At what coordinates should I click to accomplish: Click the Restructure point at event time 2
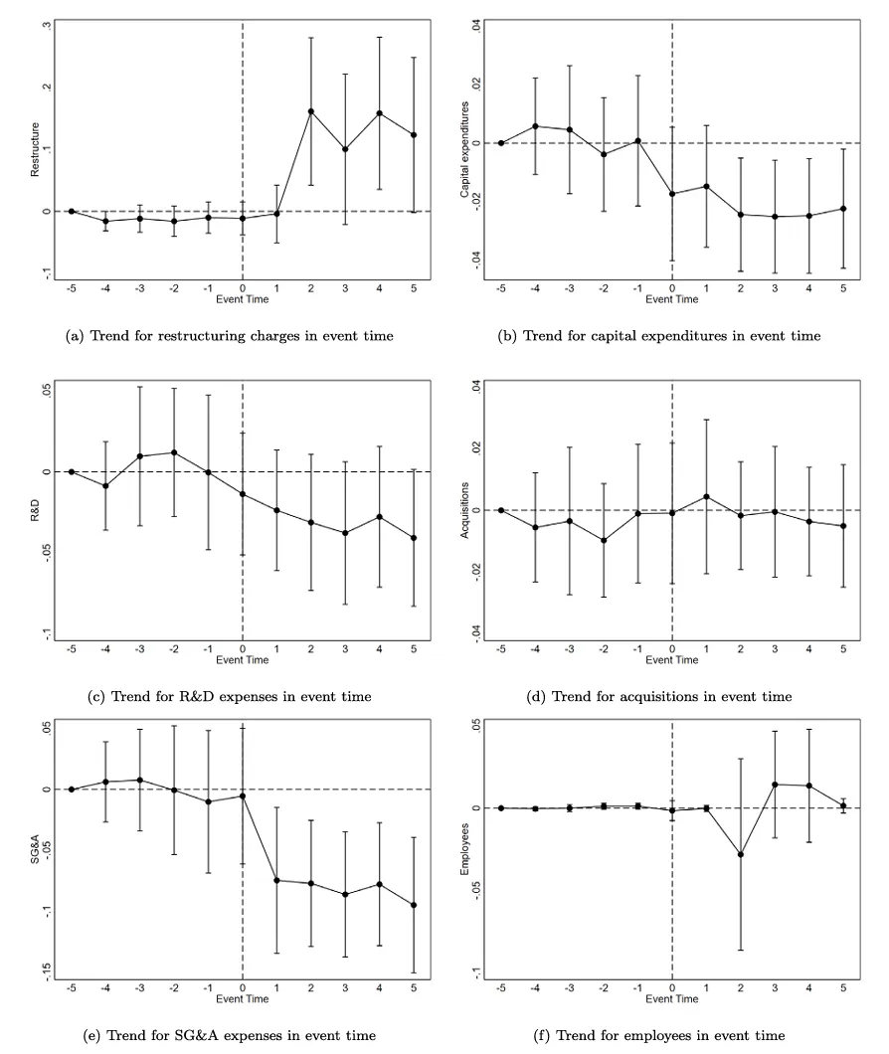[311, 111]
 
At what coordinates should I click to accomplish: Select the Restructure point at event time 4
[380, 113]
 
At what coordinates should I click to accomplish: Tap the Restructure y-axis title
[35, 150]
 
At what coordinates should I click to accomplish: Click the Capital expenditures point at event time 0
[672, 193]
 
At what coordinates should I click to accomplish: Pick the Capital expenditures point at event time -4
[536, 126]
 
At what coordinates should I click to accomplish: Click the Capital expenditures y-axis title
[464, 150]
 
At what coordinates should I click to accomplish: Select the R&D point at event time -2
[174, 452]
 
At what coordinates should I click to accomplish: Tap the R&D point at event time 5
[414, 538]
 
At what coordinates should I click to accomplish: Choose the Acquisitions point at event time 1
[706, 496]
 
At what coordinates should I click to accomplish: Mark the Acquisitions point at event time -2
[604, 540]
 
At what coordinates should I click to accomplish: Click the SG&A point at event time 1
[276, 880]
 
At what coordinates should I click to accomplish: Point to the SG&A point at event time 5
[414, 905]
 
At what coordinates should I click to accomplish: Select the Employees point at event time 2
[741, 854]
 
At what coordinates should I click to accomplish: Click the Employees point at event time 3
[775, 785]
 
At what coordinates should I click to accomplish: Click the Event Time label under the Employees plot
[672, 997]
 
